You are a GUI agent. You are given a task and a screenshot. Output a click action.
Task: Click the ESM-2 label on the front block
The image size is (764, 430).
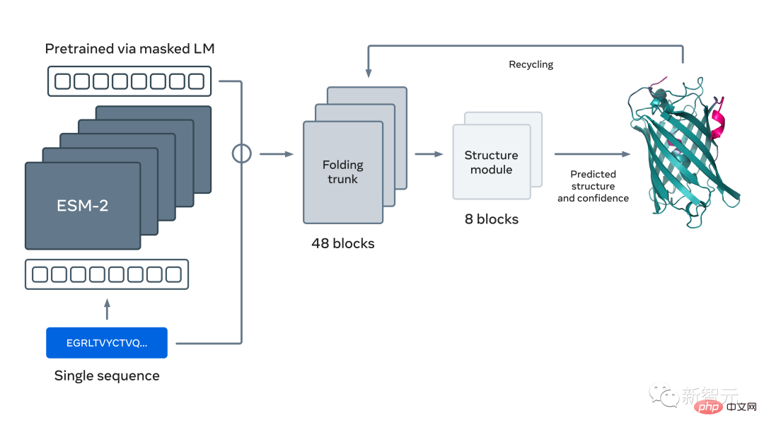pos(83,206)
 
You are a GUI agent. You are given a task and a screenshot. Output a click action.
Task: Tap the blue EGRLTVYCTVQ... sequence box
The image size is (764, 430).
pos(107,343)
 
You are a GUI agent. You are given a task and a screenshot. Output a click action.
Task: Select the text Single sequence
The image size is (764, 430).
pos(107,376)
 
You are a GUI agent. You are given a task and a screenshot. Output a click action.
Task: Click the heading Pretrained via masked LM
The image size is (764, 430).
pos(129,49)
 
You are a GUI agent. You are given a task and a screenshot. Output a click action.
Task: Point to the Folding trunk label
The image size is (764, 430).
pos(343,172)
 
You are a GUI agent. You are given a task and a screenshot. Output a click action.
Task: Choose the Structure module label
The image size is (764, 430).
pos(491,162)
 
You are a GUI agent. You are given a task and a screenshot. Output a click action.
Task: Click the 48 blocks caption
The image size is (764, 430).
pos(343,243)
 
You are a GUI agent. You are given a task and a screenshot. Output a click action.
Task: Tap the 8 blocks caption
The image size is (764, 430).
pos(491,219)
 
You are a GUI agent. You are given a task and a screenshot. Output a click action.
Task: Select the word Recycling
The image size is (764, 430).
pos(531,64)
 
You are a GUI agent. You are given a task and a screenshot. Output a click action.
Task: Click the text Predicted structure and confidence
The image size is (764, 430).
pos(593,186)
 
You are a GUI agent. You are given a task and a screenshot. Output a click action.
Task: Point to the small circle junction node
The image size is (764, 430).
pos(242,153)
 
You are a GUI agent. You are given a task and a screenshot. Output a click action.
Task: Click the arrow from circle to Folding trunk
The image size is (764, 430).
pos(276,153)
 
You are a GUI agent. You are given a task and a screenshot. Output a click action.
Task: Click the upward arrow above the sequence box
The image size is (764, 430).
pos(107,308)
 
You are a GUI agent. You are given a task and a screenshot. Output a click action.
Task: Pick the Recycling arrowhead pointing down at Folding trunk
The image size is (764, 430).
pos(367,71)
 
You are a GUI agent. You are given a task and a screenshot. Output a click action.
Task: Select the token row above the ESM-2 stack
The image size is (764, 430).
pos(130,81)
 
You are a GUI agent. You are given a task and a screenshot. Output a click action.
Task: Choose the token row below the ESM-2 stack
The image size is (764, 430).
pos(107,274)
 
